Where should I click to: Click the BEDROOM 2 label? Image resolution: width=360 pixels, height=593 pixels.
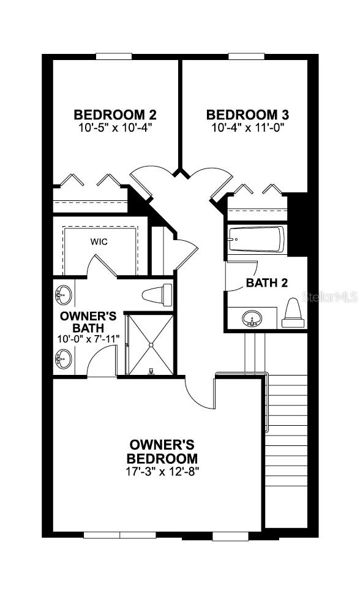click(x=115, y=115)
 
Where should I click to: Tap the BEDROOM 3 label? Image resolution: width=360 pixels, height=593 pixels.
click(x=247, y=115)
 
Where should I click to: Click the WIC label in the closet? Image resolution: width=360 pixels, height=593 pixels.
click(x=99, y=242)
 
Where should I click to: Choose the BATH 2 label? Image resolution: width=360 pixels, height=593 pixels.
click(x=266, y=283)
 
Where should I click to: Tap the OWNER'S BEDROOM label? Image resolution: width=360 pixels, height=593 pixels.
click(x=162, y=451)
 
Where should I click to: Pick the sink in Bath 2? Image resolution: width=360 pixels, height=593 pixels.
click(x=252, y=319)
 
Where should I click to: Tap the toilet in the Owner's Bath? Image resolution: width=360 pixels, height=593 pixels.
click(x=157, y=295)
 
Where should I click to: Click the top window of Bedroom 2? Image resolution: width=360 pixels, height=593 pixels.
click(x=114, y=56)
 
